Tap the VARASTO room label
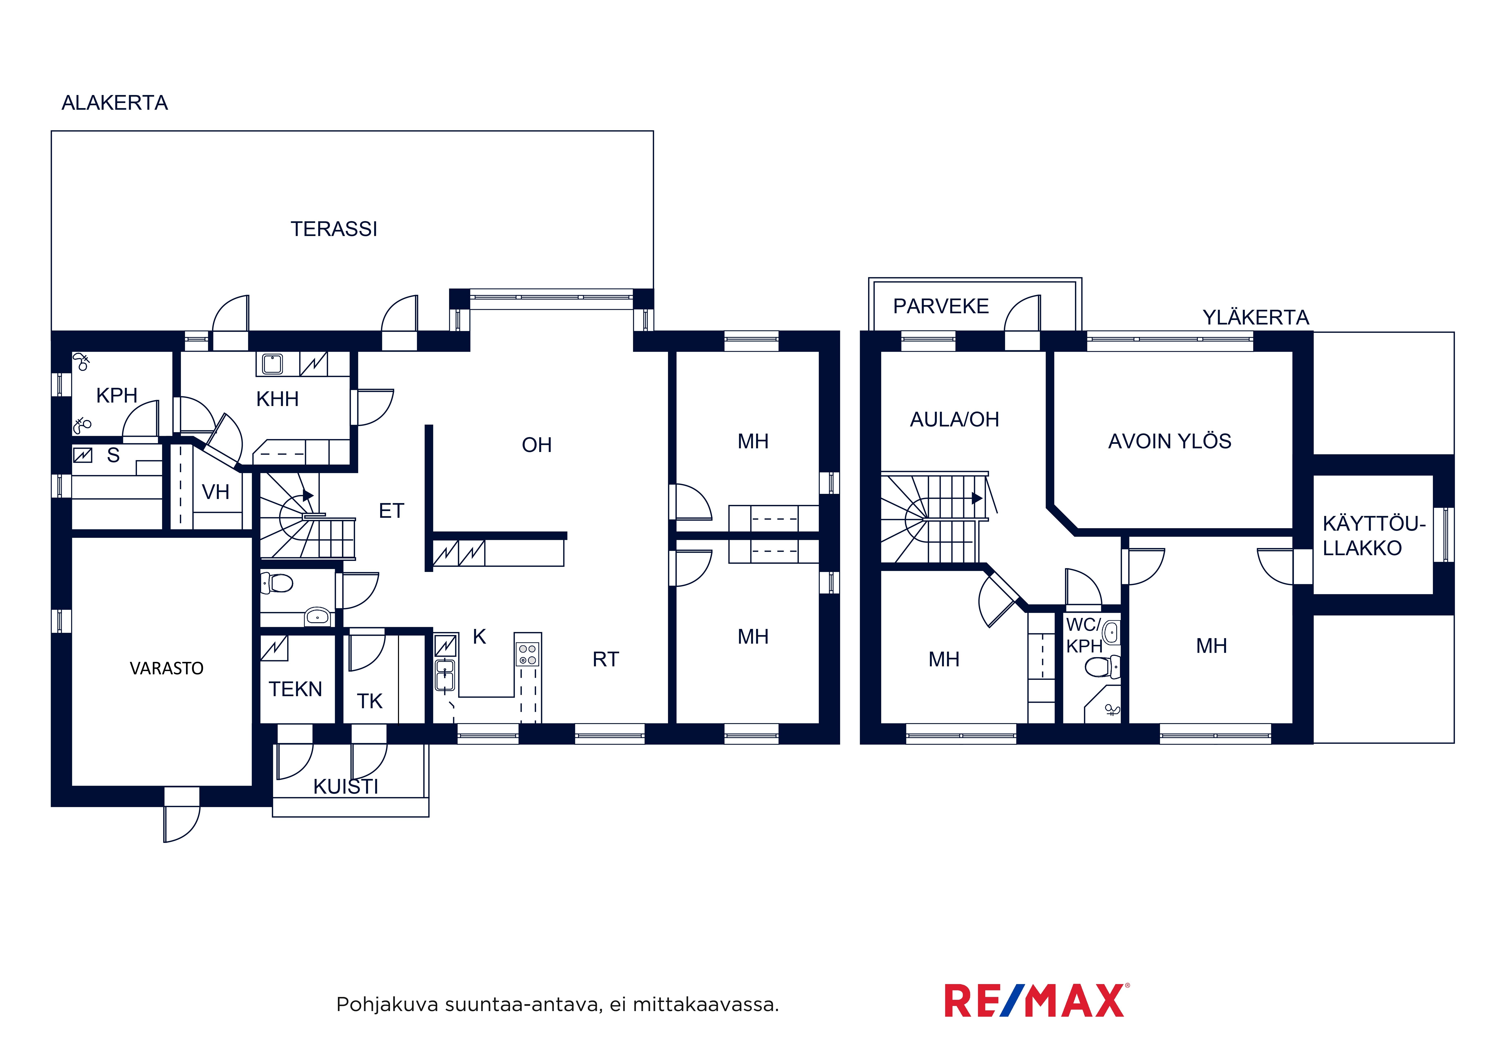(167, 668)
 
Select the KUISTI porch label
(345, 787)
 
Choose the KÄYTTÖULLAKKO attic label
(1374, 536)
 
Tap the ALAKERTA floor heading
(114, 103)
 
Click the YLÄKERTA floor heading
(1255, 318)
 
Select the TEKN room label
(295, 689)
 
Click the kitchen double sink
(445, 674)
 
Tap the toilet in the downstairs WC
(277, 583)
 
